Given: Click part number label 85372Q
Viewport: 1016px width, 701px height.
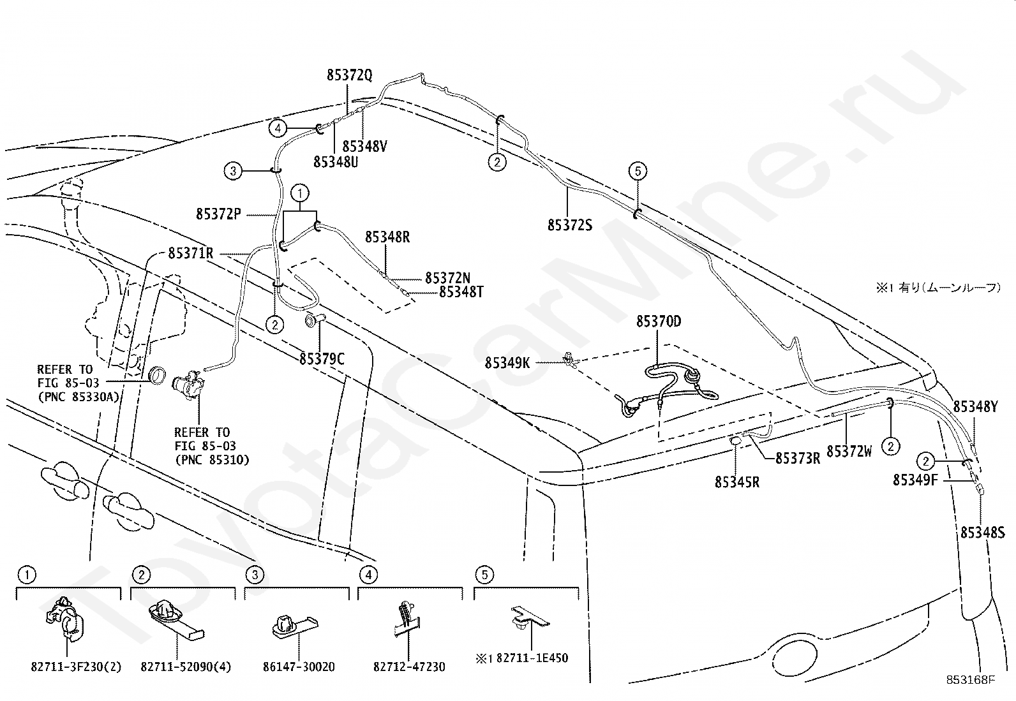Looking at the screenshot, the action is coord(349,75).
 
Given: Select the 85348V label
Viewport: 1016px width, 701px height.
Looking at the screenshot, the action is coord(364,147).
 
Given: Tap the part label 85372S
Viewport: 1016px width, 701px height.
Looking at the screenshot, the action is coord(570,225).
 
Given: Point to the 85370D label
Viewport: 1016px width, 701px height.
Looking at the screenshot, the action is coord(659,321).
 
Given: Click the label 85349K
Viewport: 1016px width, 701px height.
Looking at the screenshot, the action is coord(507,363).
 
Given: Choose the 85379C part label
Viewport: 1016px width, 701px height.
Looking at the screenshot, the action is coord(322,359).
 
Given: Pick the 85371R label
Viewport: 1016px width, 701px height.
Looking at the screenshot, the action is coord(190,253).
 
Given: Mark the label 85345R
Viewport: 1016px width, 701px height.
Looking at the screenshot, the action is coord(737,482).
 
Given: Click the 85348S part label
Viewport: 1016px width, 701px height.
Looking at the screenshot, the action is coord(982,533).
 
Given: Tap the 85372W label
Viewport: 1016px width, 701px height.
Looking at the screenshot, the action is coord(849,451).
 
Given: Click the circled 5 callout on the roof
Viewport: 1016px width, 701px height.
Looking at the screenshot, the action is coord(638,171).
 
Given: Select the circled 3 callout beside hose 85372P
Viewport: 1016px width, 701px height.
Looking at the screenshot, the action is coord(233,171).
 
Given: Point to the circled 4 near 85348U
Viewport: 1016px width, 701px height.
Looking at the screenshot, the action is coord(278,128).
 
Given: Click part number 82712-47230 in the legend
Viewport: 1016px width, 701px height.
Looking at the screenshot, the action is coord(409,667).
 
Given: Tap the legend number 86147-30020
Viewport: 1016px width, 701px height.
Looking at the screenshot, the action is coord(299,667).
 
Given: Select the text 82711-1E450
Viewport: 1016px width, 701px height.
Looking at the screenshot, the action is coord(532,658).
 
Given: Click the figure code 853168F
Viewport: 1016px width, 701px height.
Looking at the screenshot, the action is coord(970,680).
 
